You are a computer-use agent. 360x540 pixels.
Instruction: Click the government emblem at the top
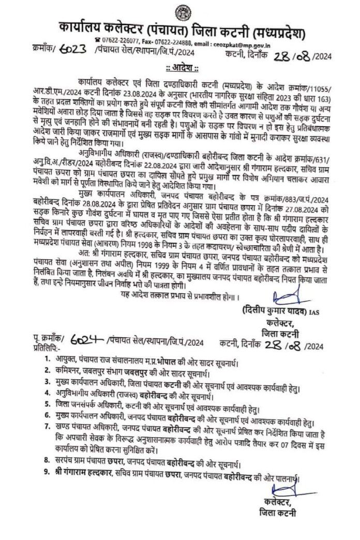tap(182, 12)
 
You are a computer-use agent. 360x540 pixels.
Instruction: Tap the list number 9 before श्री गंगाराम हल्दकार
tap(47, 472)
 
